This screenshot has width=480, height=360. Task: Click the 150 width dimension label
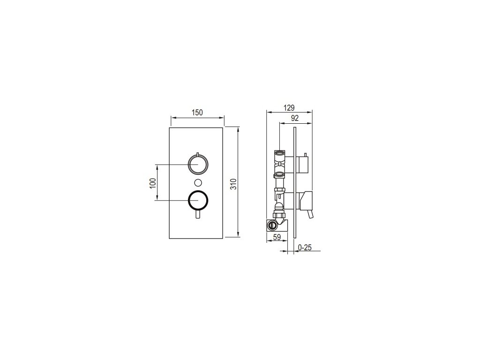pyautogui.click(x=197, y=112)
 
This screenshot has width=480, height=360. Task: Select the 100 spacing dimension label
pyautogui.click(x=153, y=183)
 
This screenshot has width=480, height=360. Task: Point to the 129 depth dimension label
pyautogui.click(x=289, y=107)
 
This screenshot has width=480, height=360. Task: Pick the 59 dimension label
pyautogui.click(x=277, y=237)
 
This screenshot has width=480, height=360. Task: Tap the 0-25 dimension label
pyautogui.click(x=304, y=247)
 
